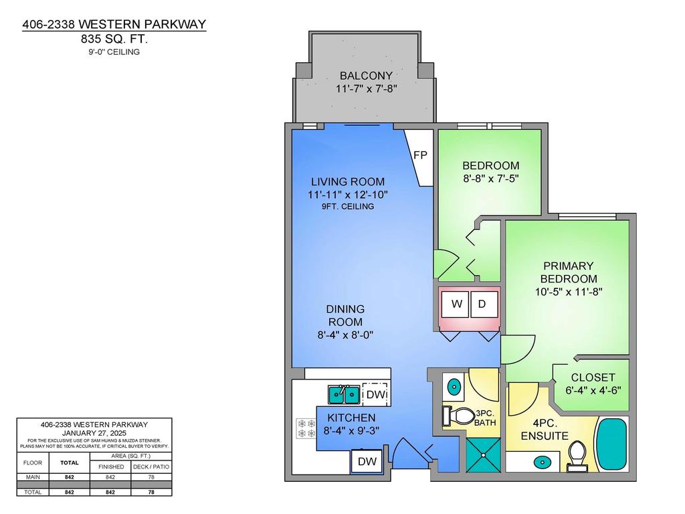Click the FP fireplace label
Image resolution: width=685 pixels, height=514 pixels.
421,155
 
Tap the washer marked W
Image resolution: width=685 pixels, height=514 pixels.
456,304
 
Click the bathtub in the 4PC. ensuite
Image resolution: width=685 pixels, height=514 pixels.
610,445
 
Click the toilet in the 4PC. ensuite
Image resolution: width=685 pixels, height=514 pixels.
576,458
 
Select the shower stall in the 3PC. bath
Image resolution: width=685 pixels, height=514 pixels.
482,454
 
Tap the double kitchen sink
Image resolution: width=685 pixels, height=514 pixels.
343,395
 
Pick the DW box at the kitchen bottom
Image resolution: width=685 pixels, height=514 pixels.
366,461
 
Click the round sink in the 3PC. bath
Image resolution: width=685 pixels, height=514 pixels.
454,386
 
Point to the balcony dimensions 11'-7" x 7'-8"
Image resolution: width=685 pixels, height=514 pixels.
367,88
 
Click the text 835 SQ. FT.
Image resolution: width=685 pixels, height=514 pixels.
114,39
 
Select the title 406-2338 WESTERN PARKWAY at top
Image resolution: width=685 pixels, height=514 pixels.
114,25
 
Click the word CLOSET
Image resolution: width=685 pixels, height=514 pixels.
593,377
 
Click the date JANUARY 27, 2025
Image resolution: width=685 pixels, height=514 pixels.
94,433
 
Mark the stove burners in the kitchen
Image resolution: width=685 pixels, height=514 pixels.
306,428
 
